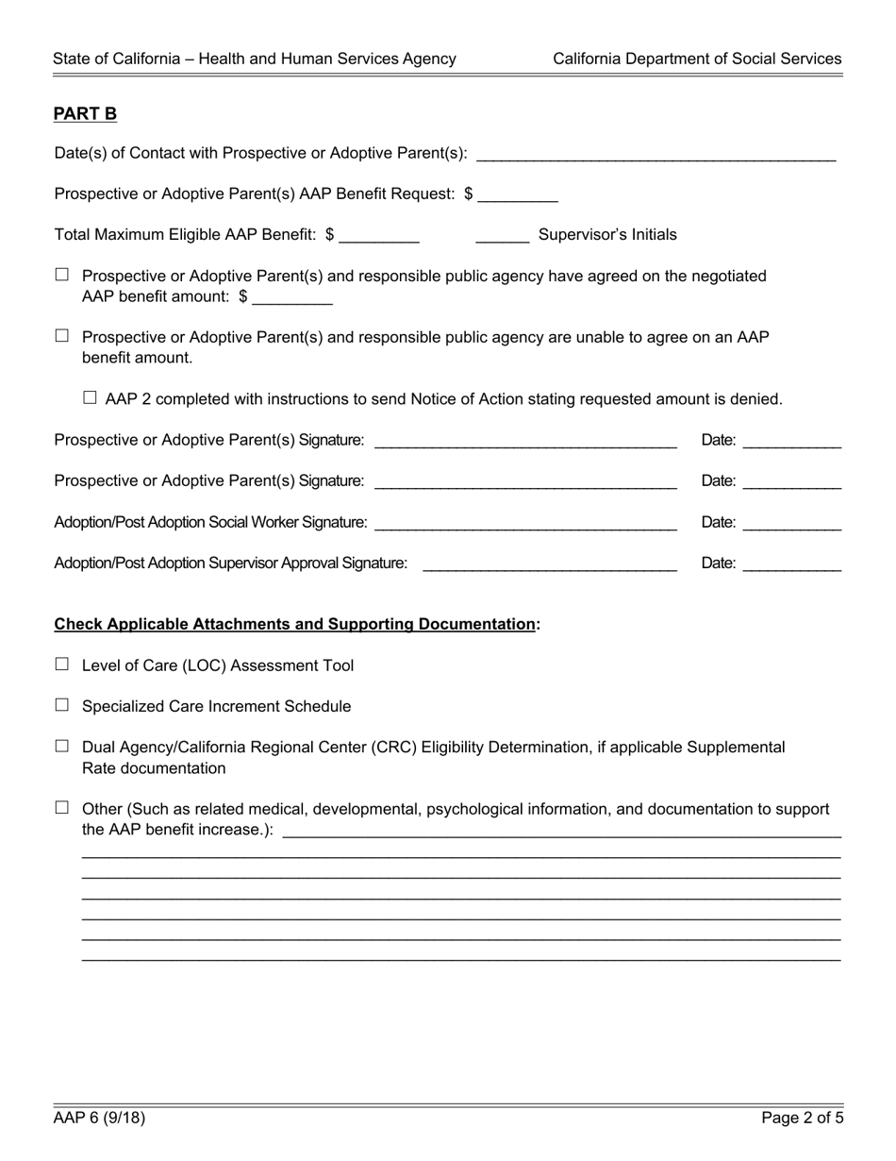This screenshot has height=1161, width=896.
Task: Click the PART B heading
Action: click(85, 114)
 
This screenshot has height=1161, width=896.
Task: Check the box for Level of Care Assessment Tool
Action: click(62, 665)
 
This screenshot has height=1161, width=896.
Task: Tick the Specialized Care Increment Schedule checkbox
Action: click(62, 705)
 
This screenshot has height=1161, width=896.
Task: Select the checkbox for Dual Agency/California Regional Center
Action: click(62, 746)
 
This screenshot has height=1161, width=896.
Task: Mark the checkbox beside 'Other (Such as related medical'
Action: click(62, 808)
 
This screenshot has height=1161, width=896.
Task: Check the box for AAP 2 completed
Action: click(91, 398)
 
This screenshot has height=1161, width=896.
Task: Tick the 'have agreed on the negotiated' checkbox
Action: click(62, 275)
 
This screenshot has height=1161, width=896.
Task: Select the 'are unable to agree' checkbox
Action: click(62, 336)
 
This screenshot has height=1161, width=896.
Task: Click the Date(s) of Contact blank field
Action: click(656, 156)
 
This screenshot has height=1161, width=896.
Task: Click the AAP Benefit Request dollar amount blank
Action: click(518, 196)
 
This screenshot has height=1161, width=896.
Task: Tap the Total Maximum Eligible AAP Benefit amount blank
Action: click(378, 237)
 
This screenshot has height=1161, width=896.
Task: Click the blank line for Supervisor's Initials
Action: click(503, 237)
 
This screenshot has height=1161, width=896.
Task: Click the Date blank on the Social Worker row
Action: click(791, 525)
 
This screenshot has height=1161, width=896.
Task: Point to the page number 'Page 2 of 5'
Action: click(803, 1119)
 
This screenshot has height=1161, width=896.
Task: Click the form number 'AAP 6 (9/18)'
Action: click(99, 1119)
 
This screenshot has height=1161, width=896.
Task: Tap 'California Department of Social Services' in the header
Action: click(697, 59)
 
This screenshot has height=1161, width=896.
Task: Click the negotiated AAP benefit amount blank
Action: click(292, 299)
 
